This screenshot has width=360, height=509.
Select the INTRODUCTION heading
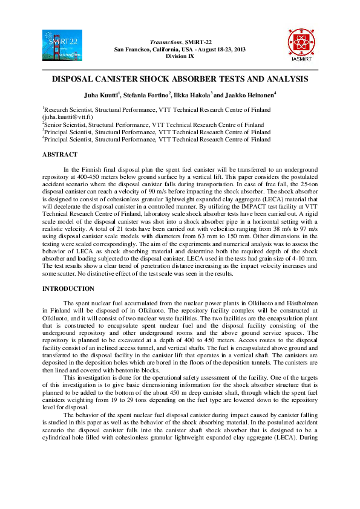click(x=68, y=289)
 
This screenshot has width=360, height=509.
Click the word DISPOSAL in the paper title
click(x=75, y=79)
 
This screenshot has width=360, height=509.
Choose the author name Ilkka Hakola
click(x=193, y=94)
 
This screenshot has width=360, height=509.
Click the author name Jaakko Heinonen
click(x=250, y=94)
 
